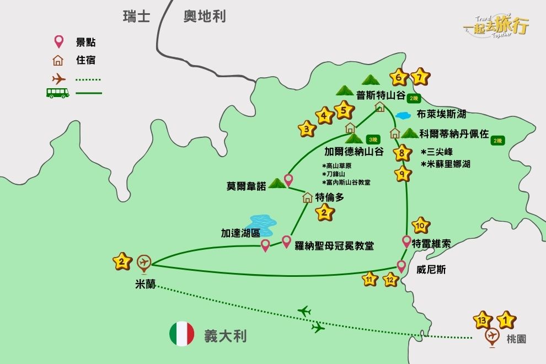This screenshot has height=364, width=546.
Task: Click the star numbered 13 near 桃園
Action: pyautogui.click(x=483, y=319)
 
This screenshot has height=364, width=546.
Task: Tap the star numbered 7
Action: pyautogui.click(x=420, y=78)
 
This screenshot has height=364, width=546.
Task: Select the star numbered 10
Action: pyautogui.click(x=421, y=225)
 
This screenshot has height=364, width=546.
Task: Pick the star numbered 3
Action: pyautogui.click(x=307, y=130)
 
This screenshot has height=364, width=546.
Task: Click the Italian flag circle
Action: pyautogui.click(x=182, y=334)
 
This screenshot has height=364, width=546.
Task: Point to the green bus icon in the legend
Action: pyautogui.click(x=57, y=93)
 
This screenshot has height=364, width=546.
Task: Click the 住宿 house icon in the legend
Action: pyautogui.click(x=58, y=60)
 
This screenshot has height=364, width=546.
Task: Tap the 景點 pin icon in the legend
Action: pyautogui.click(x=58, y=42)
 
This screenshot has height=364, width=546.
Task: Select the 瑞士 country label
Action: pyautogui.click(x=136, y=17)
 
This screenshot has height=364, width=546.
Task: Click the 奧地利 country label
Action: pyautogui.click(x=205, y=17)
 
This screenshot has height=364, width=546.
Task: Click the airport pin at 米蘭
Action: pyautogui.click(x=144, y=263)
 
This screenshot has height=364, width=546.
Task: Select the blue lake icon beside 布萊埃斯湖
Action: pyautogui.click(x=403, y=116)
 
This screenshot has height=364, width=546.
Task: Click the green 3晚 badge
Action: pyautogui.click(x=373, y=140)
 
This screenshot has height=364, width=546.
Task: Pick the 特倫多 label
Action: pyautogui.click(x=329, y=197)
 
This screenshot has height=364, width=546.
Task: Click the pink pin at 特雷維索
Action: pyautogui.click(x=407, y=241)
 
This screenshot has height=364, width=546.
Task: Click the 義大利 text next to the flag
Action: pyautogui.click(x=225, y=336)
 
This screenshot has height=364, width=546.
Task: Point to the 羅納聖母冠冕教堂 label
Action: pyautogui.click(x=334, y=245)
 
